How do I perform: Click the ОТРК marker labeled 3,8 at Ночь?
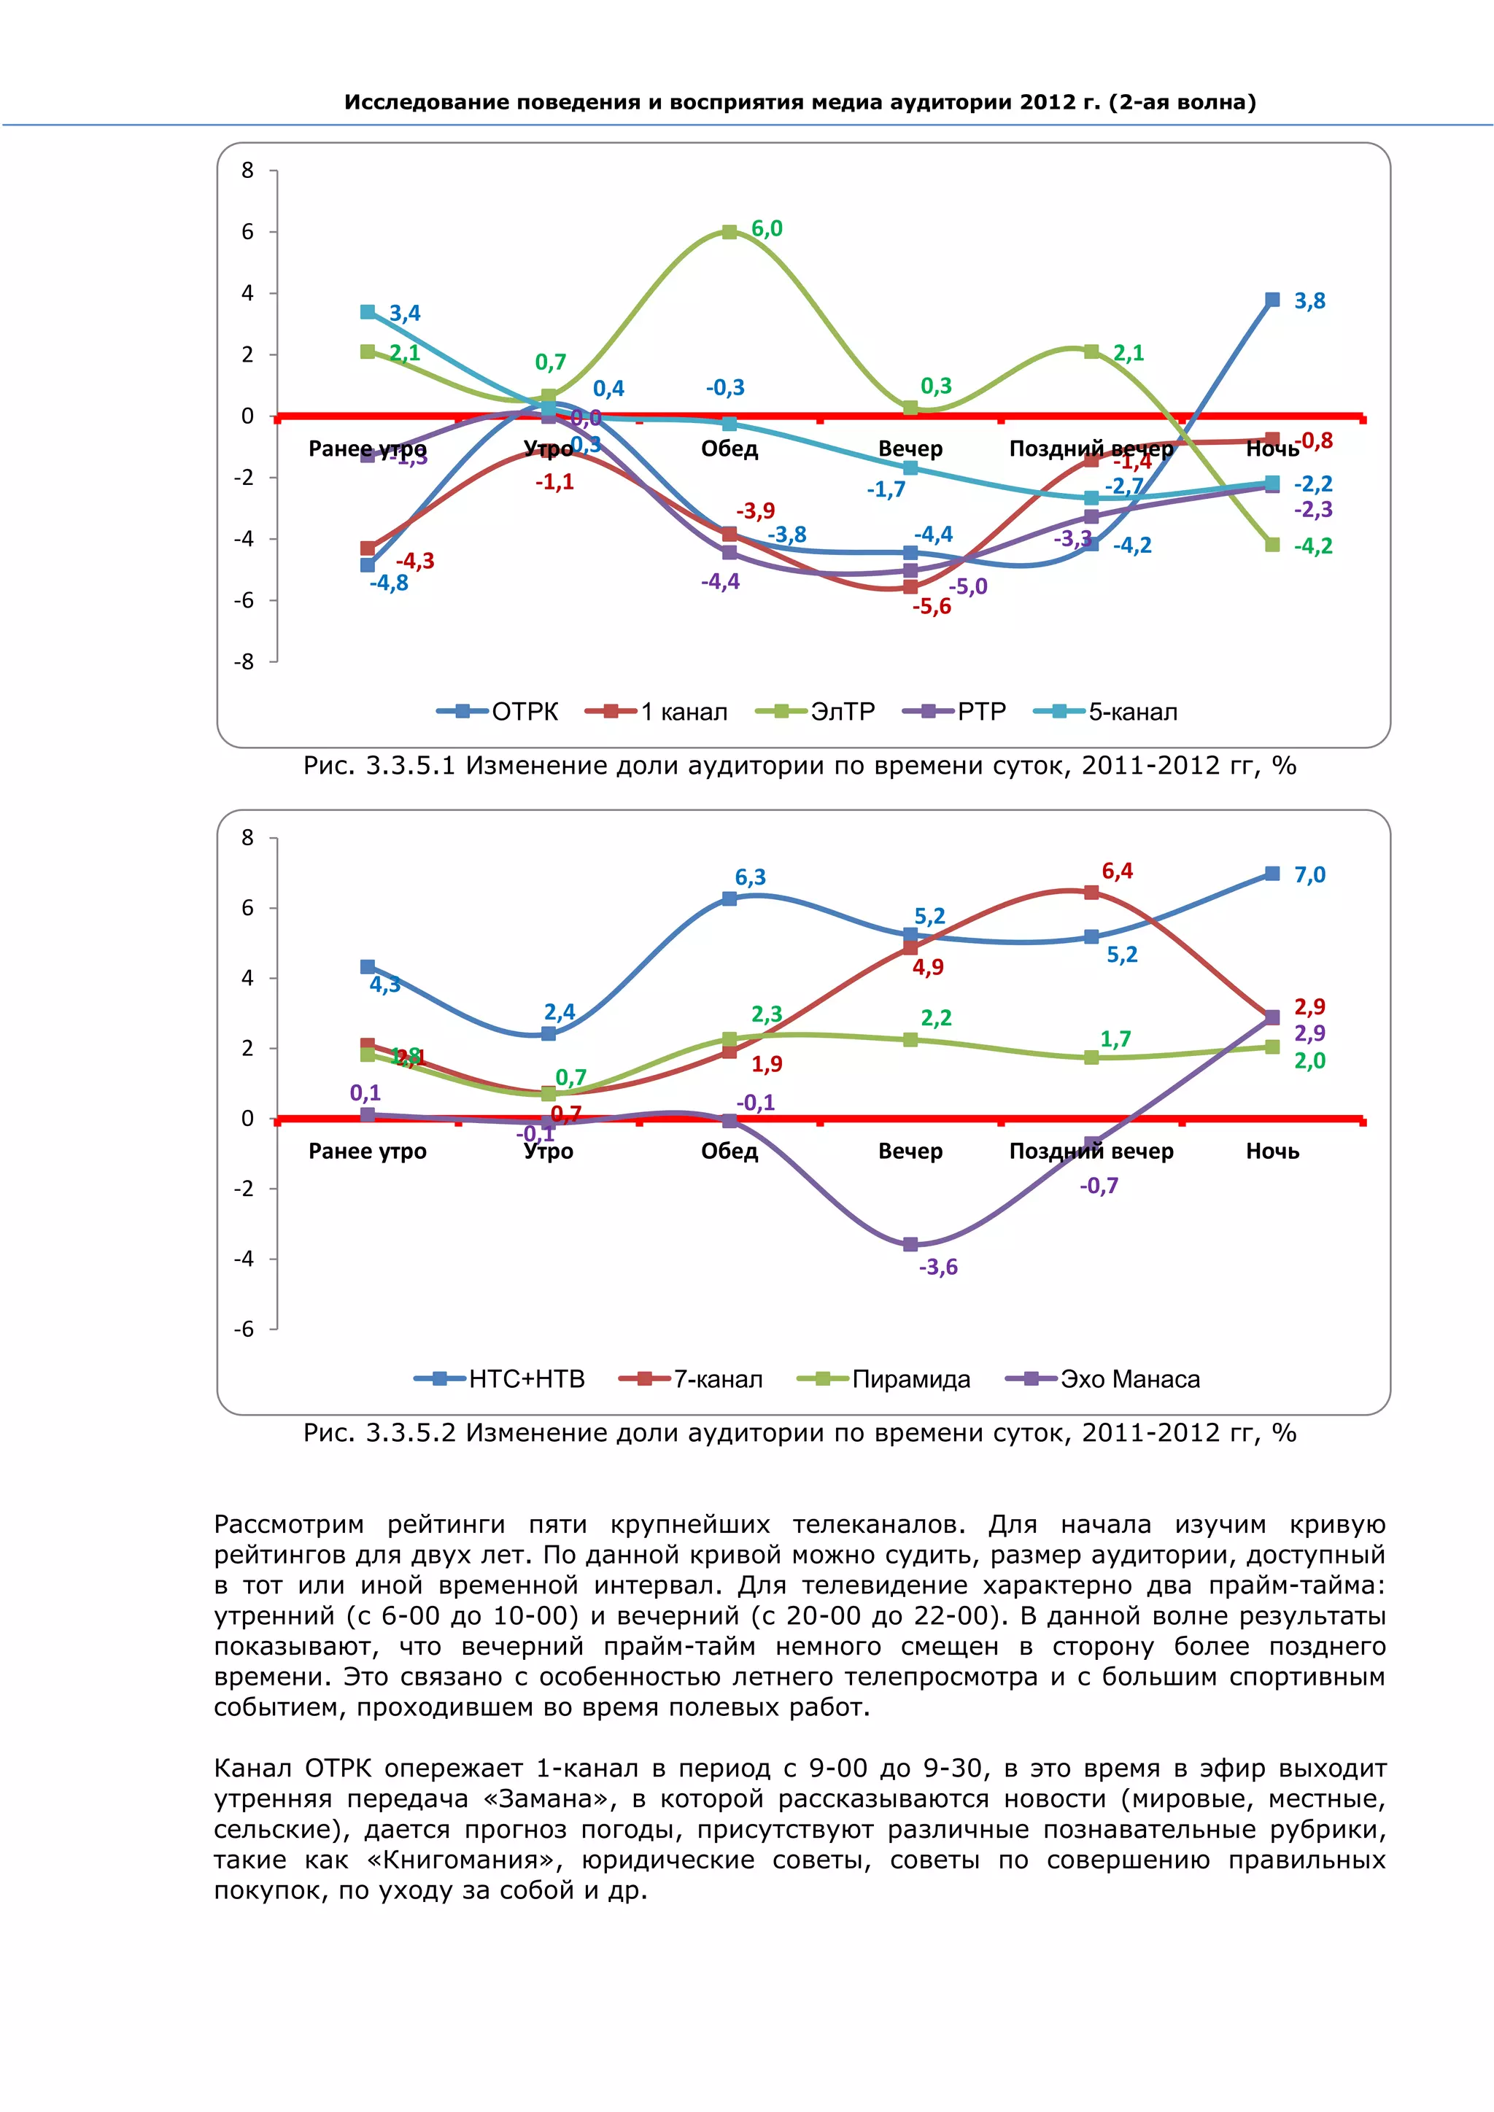(x=1272, y=300)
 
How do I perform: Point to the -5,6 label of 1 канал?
(x=931, y=606)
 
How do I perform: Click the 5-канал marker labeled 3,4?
(x=368, y=312)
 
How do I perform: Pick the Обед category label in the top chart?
(x=729, y=449)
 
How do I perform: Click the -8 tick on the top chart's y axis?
(x=244, y=661)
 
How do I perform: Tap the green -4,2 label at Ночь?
(x=1313, y=546)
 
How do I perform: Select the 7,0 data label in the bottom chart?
(x=1309, y=875)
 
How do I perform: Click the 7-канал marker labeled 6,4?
(x=1091, y=892)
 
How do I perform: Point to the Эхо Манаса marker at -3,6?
(x=910, y=1245)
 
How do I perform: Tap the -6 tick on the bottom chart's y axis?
(x=244, y=1329)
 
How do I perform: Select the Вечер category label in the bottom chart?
(x=910, y=1151)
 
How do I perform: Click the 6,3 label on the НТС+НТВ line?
(x=750, y=877)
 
